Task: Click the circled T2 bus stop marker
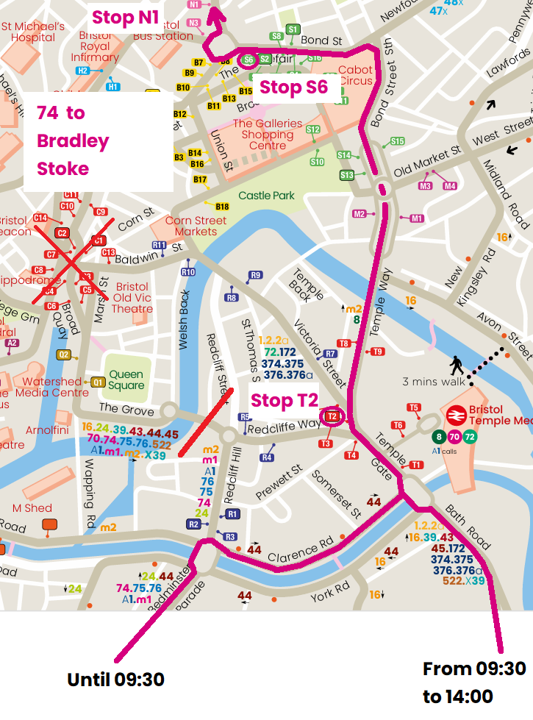click(x=332, y=417)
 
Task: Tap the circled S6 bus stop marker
click(x=248, y=60)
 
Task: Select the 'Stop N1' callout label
click(x=126, y=18)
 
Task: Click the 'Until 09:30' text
click(x=115, y=680)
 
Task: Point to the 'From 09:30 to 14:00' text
click(x=474, y=682)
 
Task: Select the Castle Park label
click(x=266, y=196)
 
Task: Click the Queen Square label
click(x=126, y=379)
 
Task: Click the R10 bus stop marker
click(x=188, y=273)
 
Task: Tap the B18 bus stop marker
click(x=222, y=207)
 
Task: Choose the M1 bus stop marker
click(x=417, y=218)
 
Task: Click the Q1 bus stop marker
click(x=98, y=382)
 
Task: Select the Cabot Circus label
click(x=355, y=76)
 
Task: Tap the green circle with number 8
click(x=440, y=437)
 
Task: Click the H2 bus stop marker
click(x=82, y=71)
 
